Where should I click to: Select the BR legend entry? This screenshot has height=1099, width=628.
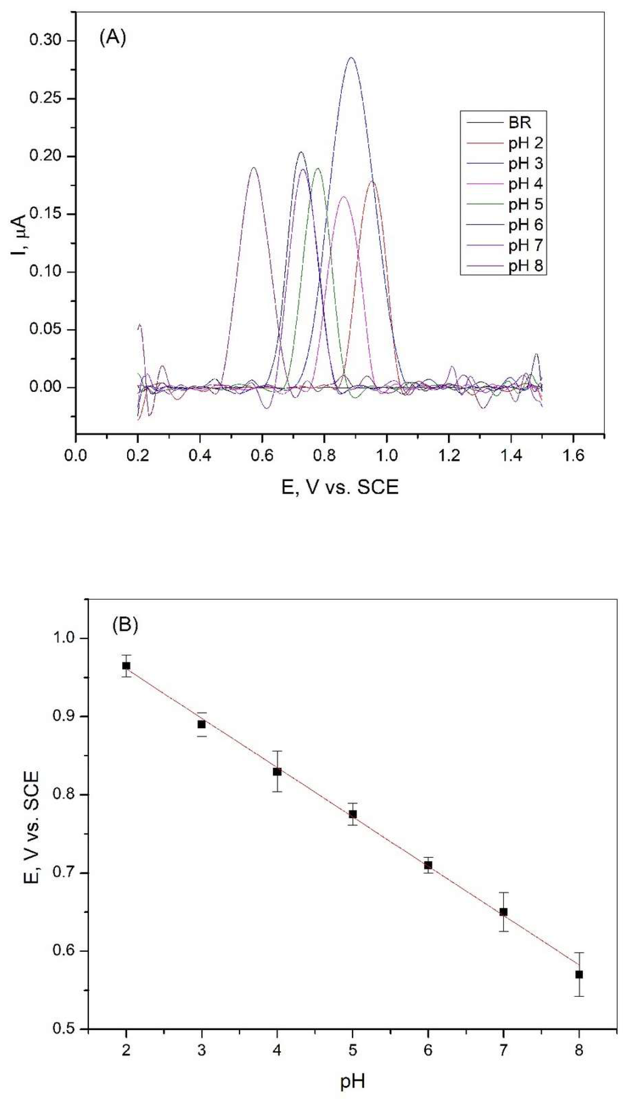[520, 123]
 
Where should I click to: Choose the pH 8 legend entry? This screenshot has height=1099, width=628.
[525, 266]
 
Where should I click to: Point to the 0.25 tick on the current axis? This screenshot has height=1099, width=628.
[45, 98]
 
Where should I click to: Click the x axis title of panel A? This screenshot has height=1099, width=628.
[340, 487]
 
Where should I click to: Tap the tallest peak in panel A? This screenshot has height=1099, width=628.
[352, 58]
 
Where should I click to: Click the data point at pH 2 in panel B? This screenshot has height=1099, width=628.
[126, 666]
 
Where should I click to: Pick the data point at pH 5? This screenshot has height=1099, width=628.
[353, 814]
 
